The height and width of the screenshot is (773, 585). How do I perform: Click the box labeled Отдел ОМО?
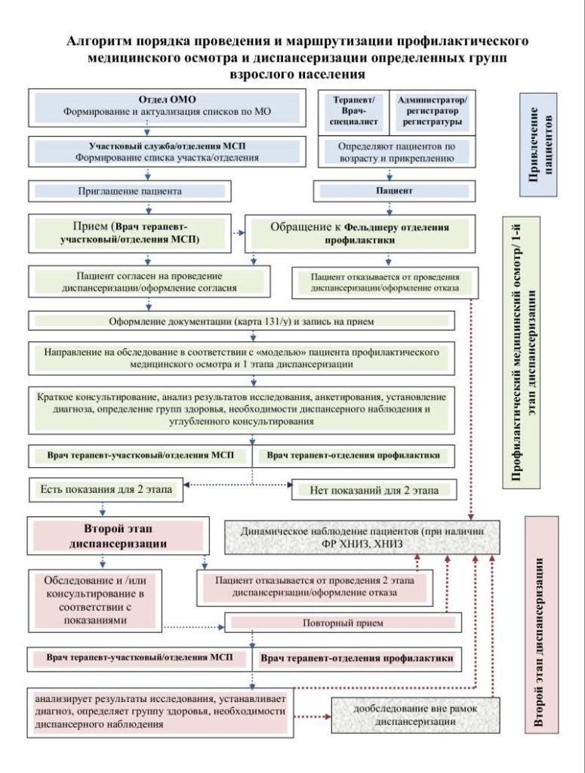[167, 108]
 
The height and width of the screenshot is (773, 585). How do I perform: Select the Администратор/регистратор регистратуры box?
[433, 112]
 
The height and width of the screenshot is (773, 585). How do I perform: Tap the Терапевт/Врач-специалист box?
[353, 112]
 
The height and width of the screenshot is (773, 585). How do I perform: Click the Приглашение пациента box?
[130, 191]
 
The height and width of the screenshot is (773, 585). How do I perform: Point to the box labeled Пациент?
[394, 191]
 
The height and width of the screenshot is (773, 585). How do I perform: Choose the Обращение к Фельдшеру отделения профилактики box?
[360, 234]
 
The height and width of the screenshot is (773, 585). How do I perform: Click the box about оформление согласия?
[149, 282]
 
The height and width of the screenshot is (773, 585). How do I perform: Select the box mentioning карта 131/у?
[242, 322]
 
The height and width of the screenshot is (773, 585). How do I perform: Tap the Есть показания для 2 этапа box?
[106, 490]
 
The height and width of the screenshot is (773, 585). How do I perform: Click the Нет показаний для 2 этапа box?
[374, 491]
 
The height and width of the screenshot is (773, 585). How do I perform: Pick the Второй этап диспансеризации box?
[119, 536]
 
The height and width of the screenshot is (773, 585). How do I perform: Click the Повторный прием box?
[343, 623]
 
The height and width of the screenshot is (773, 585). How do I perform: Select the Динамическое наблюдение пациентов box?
[362, 537]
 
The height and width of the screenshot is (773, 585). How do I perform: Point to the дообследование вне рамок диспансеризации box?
[415, 716]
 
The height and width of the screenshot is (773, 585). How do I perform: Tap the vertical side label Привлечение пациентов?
[539, 144]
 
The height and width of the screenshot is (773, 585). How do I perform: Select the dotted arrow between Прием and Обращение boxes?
[239, 233]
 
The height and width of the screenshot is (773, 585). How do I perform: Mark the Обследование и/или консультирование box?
[94, 600]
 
